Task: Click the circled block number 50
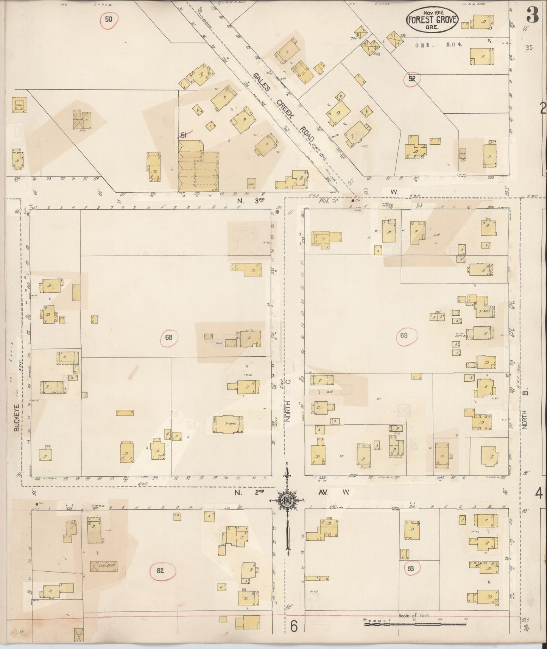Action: [109, 19]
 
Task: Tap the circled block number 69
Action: [407, 336]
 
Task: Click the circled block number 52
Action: [412, 79]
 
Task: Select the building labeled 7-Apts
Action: [228, 424]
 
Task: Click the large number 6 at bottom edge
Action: [295, 627]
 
